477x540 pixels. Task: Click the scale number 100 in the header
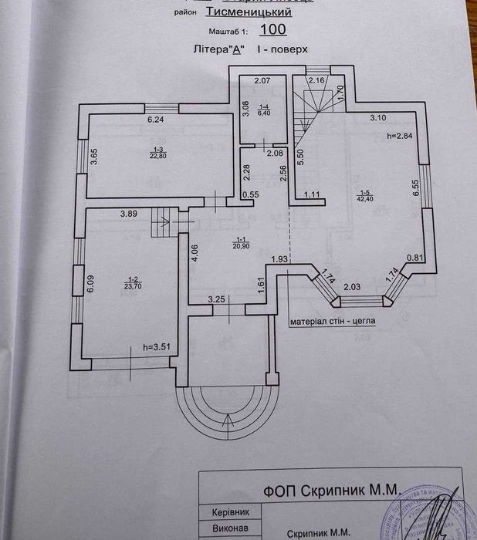[x=273, y=30]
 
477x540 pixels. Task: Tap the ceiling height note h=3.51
[x=157, y=348]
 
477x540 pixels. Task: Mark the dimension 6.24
[x=157, y=120]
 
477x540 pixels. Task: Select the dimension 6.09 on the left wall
[x=90, y=285]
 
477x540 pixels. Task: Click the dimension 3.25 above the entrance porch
[x=216, y=299]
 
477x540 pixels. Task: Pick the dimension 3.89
[x=128, y=214]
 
